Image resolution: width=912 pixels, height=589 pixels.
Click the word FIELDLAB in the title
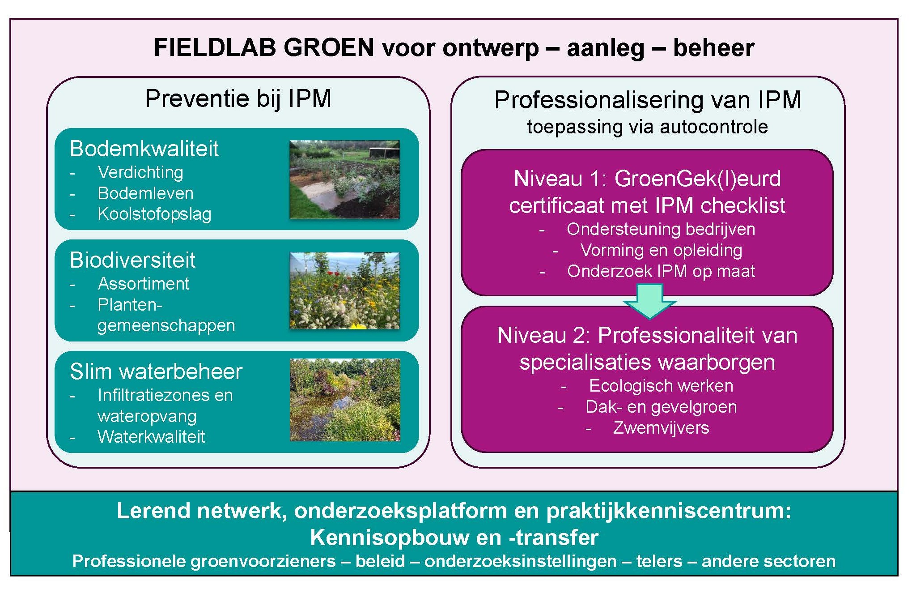tap(214, 47)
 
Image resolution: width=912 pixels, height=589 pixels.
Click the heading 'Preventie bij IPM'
tap(238, 99)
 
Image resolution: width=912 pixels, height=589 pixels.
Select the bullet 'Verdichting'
tap(140, 172)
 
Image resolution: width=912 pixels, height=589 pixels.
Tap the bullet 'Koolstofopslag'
tap(154, 214)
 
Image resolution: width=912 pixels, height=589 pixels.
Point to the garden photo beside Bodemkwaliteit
tap(344, 179)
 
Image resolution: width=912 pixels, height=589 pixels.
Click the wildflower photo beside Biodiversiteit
tap(344, 290)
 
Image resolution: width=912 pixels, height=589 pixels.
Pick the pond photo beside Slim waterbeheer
tap(345, 400)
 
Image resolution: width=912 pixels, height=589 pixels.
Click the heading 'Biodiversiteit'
tap(132, 260)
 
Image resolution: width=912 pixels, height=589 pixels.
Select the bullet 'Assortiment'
tap(144, 284)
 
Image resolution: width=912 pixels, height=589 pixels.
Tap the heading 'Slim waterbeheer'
tap(156, 371)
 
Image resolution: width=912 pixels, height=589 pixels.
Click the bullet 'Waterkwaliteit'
tap(151, 437)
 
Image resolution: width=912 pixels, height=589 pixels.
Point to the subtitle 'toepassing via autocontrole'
tap(647, 127)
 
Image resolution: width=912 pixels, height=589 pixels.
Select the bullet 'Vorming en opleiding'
tap(661, 250)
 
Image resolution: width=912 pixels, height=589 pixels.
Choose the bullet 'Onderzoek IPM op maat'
tap(661, 271)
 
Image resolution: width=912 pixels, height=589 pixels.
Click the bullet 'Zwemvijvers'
tap(661, 428)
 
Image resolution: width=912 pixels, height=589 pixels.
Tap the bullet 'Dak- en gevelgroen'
tap(661, 407)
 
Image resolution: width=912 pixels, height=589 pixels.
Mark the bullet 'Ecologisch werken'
tap(661, 386)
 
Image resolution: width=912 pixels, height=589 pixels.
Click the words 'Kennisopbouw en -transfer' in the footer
tap(454, 538)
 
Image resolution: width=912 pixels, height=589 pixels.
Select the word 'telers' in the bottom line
tap(659, 561)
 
